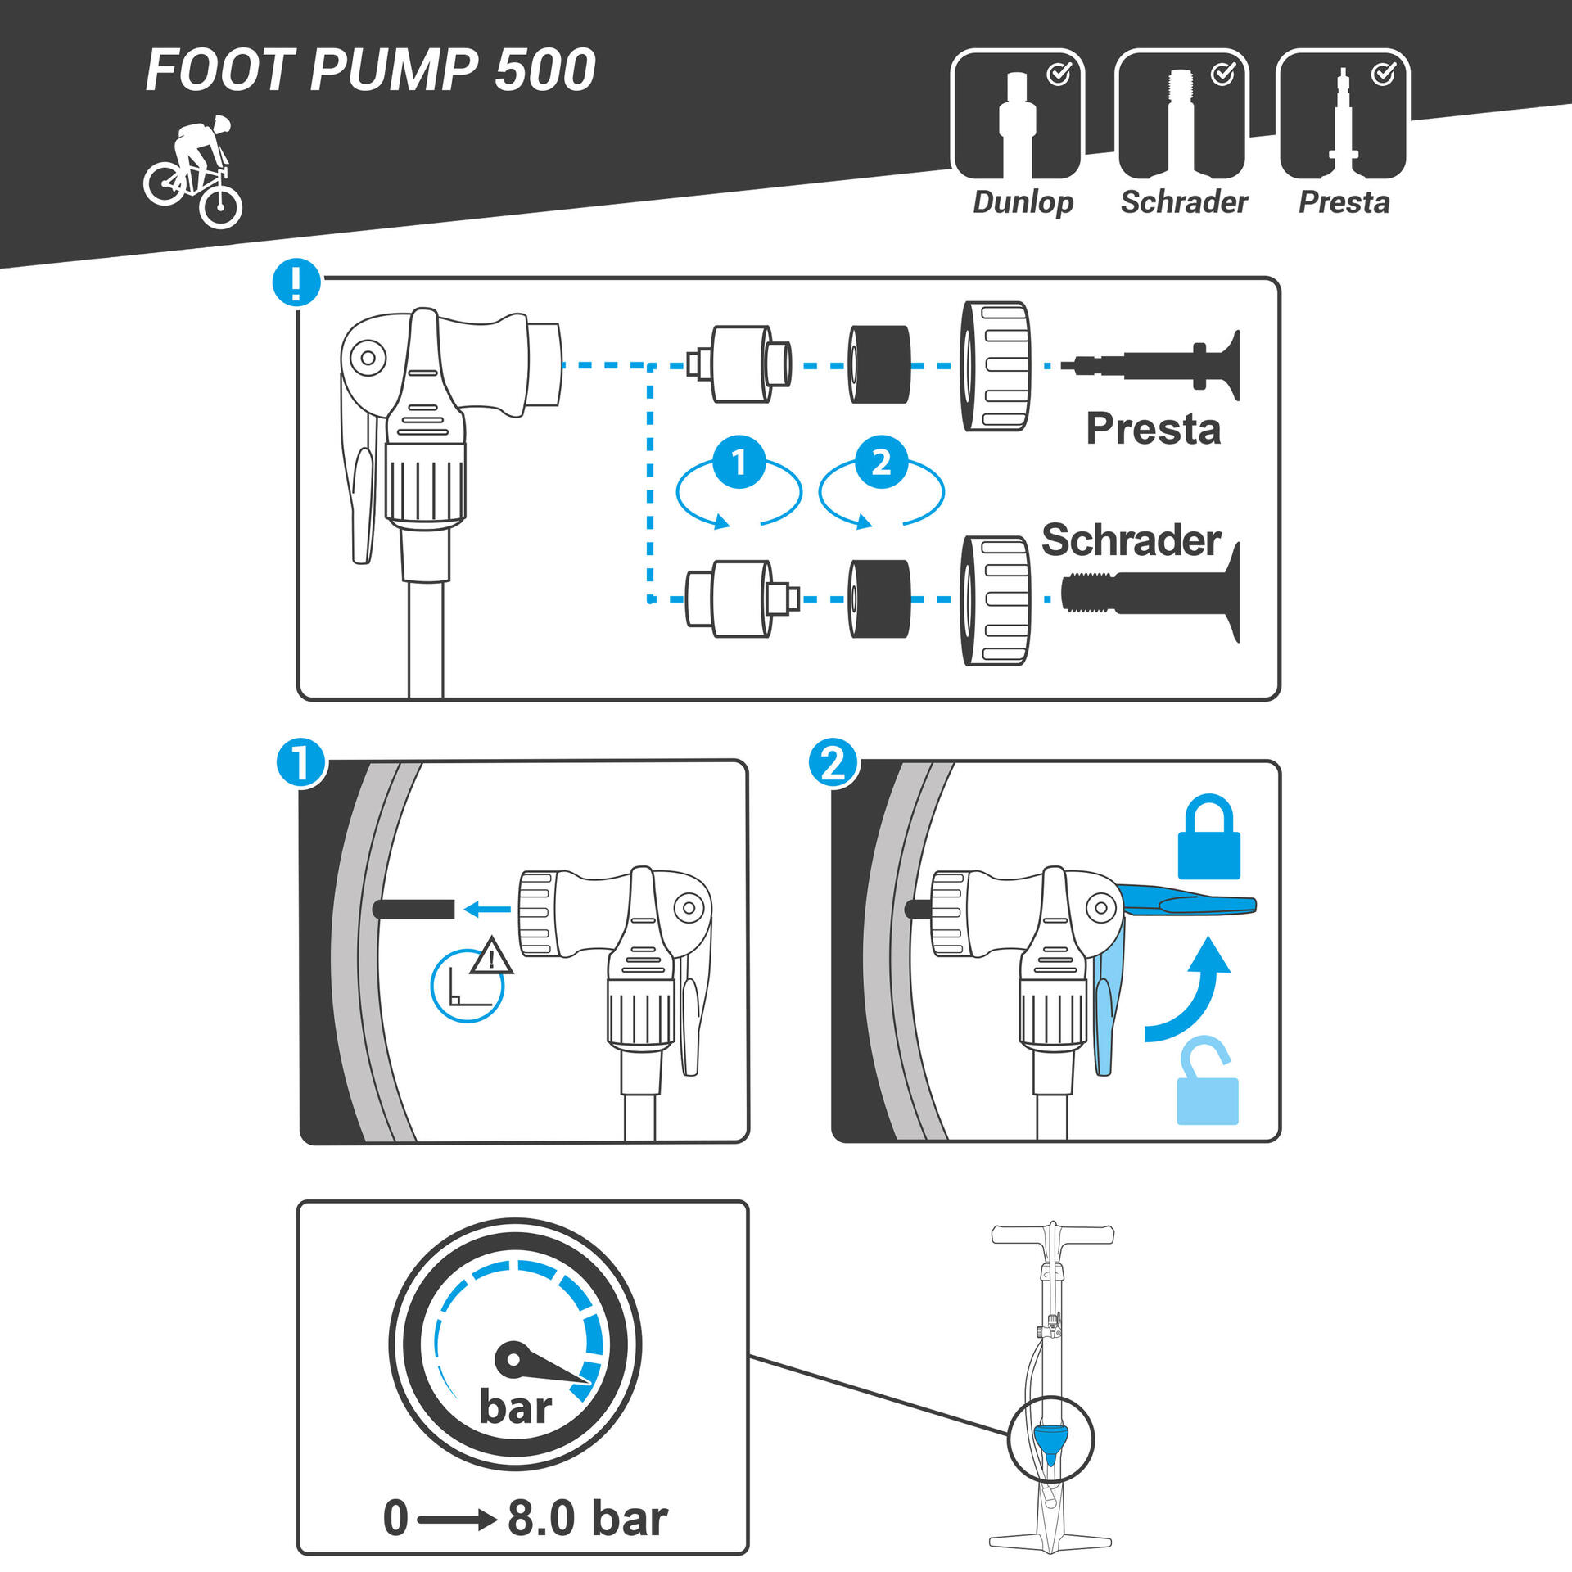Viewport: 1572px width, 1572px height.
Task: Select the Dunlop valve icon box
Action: click(x=1017, y=115)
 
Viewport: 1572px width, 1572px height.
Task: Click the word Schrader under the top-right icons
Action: click(x=1184, y=202)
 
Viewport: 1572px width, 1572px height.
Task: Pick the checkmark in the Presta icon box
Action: click(x=1383, y=75)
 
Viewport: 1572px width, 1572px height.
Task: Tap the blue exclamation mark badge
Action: click(x=296, y=283)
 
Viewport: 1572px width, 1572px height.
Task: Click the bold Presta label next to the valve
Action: click(x=1153, y=429)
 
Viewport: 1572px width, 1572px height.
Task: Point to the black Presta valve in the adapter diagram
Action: click(x=1163, y=365)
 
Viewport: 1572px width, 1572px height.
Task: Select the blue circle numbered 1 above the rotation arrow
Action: click(x=739, y=463)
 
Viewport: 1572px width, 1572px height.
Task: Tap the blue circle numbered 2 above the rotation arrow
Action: click(x=881, y=463)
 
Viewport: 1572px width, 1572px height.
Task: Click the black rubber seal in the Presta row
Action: click(x=879, y=365)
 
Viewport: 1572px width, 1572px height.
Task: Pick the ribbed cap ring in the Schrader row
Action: click(x=995, y=600)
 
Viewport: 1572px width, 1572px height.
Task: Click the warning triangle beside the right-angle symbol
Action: click(x=491, y=956)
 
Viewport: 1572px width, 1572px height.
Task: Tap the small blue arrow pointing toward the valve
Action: click(x=487, y=909)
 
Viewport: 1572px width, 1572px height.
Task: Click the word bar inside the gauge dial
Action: click(x=515, y=1407)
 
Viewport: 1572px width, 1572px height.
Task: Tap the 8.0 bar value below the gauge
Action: click(x=587, y=1518)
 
